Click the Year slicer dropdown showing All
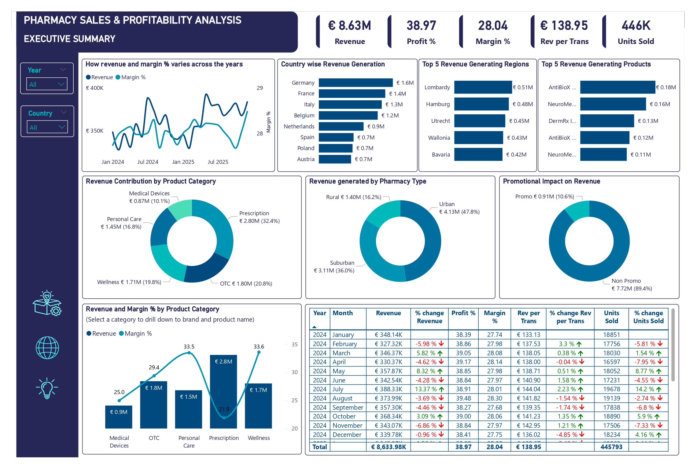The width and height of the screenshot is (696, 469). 47,84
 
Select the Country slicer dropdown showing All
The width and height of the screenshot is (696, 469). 47,127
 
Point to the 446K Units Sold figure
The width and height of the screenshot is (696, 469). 636,26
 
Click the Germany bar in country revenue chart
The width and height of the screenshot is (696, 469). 355,83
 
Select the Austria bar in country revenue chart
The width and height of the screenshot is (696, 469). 335,159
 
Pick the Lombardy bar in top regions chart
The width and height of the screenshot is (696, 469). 483,87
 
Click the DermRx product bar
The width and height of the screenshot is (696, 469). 607,121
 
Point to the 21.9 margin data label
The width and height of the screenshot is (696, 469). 224,409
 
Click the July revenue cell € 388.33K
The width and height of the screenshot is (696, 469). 388,389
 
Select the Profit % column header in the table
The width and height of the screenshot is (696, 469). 463,313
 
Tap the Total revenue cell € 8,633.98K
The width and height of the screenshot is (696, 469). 388,447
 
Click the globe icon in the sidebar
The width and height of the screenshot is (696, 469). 47,348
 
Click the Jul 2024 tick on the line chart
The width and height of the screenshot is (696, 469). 148,162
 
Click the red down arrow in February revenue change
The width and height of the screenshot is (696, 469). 441,344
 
